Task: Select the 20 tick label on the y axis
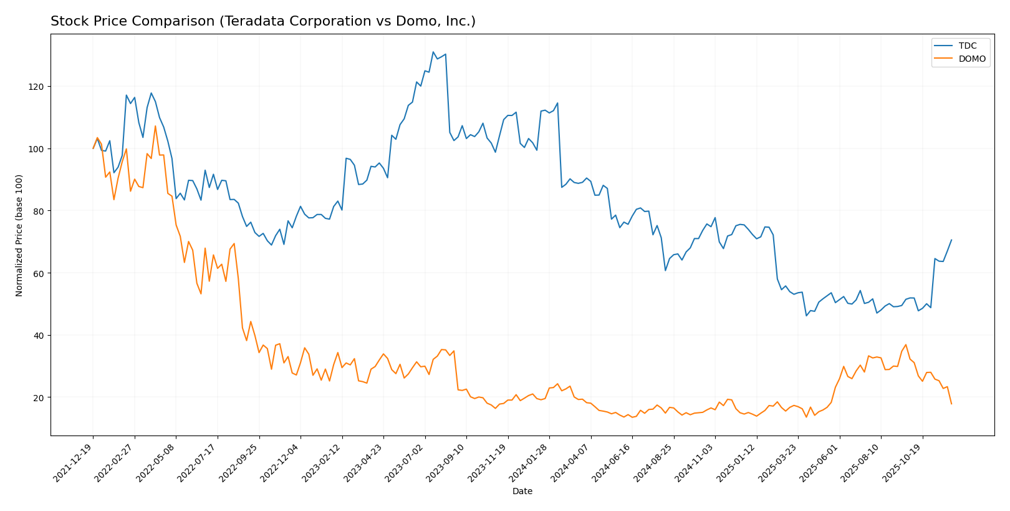point(40,398)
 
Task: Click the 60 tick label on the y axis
point(40,273)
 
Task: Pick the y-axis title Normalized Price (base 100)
point(19,235)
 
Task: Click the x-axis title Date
point(522,492)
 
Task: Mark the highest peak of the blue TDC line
point(433,52)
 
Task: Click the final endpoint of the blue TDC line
point(951,240)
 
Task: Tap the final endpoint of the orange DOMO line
point(951,404)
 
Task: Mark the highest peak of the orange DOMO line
point(155,126)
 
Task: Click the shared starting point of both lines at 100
point(94,148)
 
